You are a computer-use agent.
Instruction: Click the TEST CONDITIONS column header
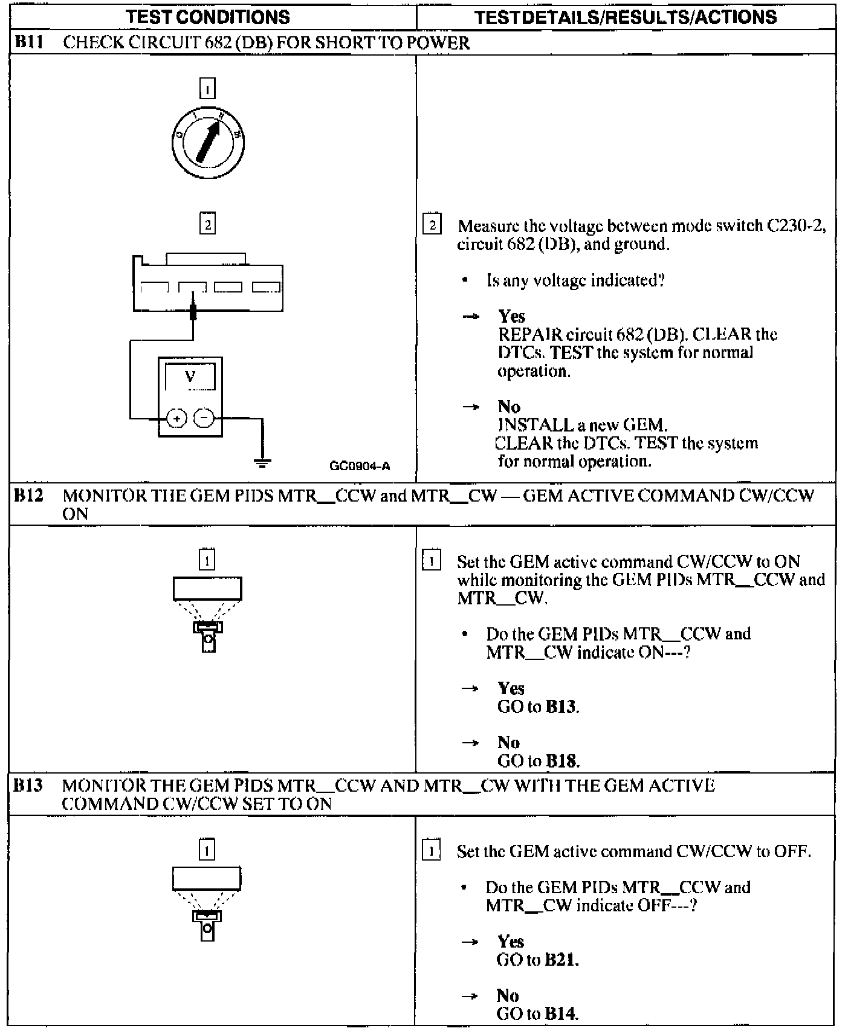pyautogui.click(x=208, y=17)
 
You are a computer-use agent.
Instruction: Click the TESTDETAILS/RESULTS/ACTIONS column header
pyautogui.click(x=626, y=17)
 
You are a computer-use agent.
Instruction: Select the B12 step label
pyautogui.click(x=28, y=496)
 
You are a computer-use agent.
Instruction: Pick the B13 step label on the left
pyautogui.click(x=28, y=786)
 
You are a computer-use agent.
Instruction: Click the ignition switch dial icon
pyautogui.click(x=207, y=143)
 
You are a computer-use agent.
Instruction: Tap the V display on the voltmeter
pyautogui.click(x=190, y=377)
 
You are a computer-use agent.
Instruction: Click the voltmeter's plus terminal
pyautogui.click(x=176, y=418)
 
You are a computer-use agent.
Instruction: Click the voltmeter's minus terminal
pyautogui.click(x=204, y=418)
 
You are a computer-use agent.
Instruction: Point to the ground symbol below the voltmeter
pyautogui.click(x=262, y=462)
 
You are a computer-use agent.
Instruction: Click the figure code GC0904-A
pyautogui.click(x=360, y=466)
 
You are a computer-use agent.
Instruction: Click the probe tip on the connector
pyautogui.click(x=193, y=311)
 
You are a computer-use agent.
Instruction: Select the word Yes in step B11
pyautogui.click(x=511, y=316)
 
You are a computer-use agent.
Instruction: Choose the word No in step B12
pyautogui.click(x=509, y=742)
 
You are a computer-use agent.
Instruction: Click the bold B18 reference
pyautogui.click(x=561, y=761)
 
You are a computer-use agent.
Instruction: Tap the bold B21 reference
pyautogui.click(x=561, y=960)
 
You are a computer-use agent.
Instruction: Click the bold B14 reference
pyautogui.click(x=561, y=1013)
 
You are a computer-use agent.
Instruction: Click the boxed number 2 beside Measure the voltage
pyautogui.click(x=432, y=225)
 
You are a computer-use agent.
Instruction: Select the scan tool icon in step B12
pyautogui.click(x=207, y=613)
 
